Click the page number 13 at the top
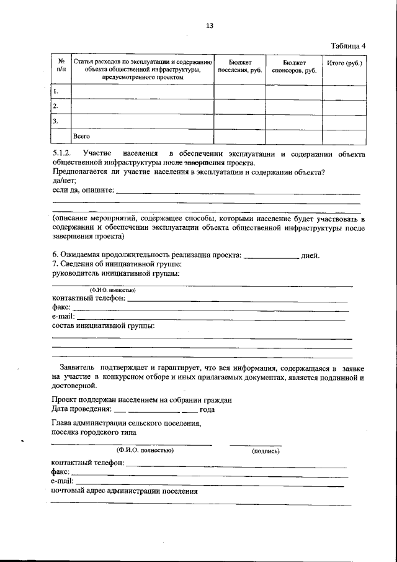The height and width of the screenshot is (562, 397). [209, 25]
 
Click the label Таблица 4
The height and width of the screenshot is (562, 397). [349, 45]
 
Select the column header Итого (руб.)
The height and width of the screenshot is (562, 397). [344, 63]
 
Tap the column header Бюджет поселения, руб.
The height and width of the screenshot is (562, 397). [240, 67]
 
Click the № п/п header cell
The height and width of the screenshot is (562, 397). [61, 67]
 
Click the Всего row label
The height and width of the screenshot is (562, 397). [82, 135]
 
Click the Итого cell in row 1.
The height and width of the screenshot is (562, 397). [344, 92]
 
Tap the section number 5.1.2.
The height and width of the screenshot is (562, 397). [63, 153]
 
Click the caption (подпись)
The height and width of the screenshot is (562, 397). [265, 451]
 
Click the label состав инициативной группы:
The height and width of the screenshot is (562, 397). [103, 325]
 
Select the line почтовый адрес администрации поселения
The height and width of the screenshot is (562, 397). [125, 491]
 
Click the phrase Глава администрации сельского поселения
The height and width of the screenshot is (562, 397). [126, 423]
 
